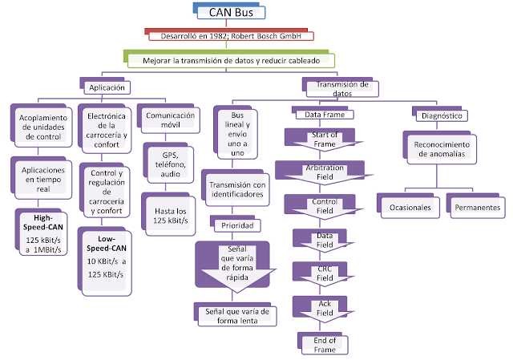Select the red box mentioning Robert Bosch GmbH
point(230,35)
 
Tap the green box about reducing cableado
point(230,59)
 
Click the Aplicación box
point(104,86)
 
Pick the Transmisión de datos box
point(341,87)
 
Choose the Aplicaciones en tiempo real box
point(42,179)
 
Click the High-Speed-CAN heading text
point(42,222)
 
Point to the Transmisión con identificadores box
point(237,188)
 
